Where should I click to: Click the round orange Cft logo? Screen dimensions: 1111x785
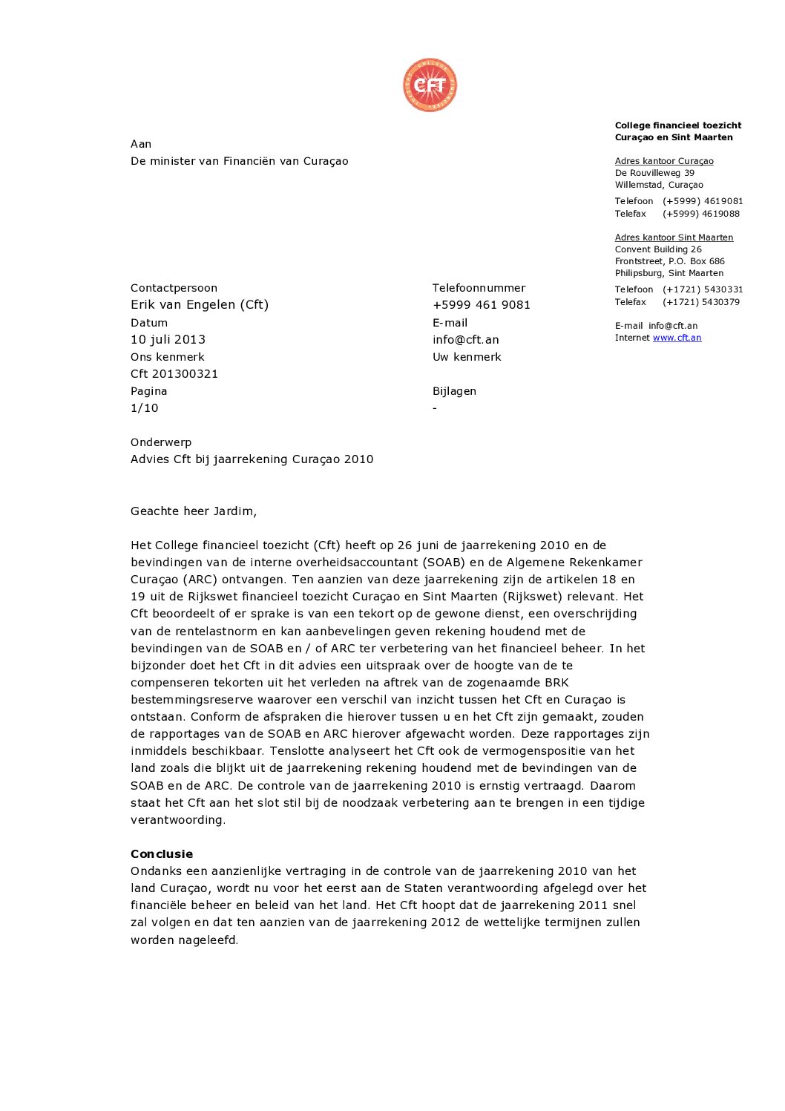tap(430, 85)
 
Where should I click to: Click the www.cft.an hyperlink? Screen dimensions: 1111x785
tap(677, 338)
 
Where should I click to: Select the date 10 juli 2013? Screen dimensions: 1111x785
tap(168, 340)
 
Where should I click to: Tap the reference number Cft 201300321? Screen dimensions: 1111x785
tap(174, 374)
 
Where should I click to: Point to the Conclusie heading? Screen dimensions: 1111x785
tap(162, 854)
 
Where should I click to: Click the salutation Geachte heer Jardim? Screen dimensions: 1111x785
tap(194, 511)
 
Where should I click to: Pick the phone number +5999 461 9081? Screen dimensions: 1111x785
tap(481, 305)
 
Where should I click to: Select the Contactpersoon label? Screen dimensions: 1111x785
tap(174, 288)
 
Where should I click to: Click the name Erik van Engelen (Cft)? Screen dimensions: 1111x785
tap(200, 305)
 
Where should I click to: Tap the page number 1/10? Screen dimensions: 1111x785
tap(144, 408)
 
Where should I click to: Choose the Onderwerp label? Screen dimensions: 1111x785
tap(161, 442)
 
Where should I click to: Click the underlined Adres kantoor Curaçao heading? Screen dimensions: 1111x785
tap(664, 161)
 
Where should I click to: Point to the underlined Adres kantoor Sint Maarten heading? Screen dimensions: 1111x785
tap(674, 237)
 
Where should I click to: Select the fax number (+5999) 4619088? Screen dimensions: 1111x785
tap(701, 214)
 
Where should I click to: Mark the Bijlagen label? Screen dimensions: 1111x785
tap(454, 391)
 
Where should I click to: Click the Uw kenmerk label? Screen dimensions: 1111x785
tap(467, 357)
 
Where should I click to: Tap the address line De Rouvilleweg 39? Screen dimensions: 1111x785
tap(654, 173)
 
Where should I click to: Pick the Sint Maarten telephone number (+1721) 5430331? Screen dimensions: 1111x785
tap(703, 289)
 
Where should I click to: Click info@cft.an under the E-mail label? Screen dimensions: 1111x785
tap(465, 340)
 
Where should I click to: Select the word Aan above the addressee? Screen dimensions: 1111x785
tap(141, 144)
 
